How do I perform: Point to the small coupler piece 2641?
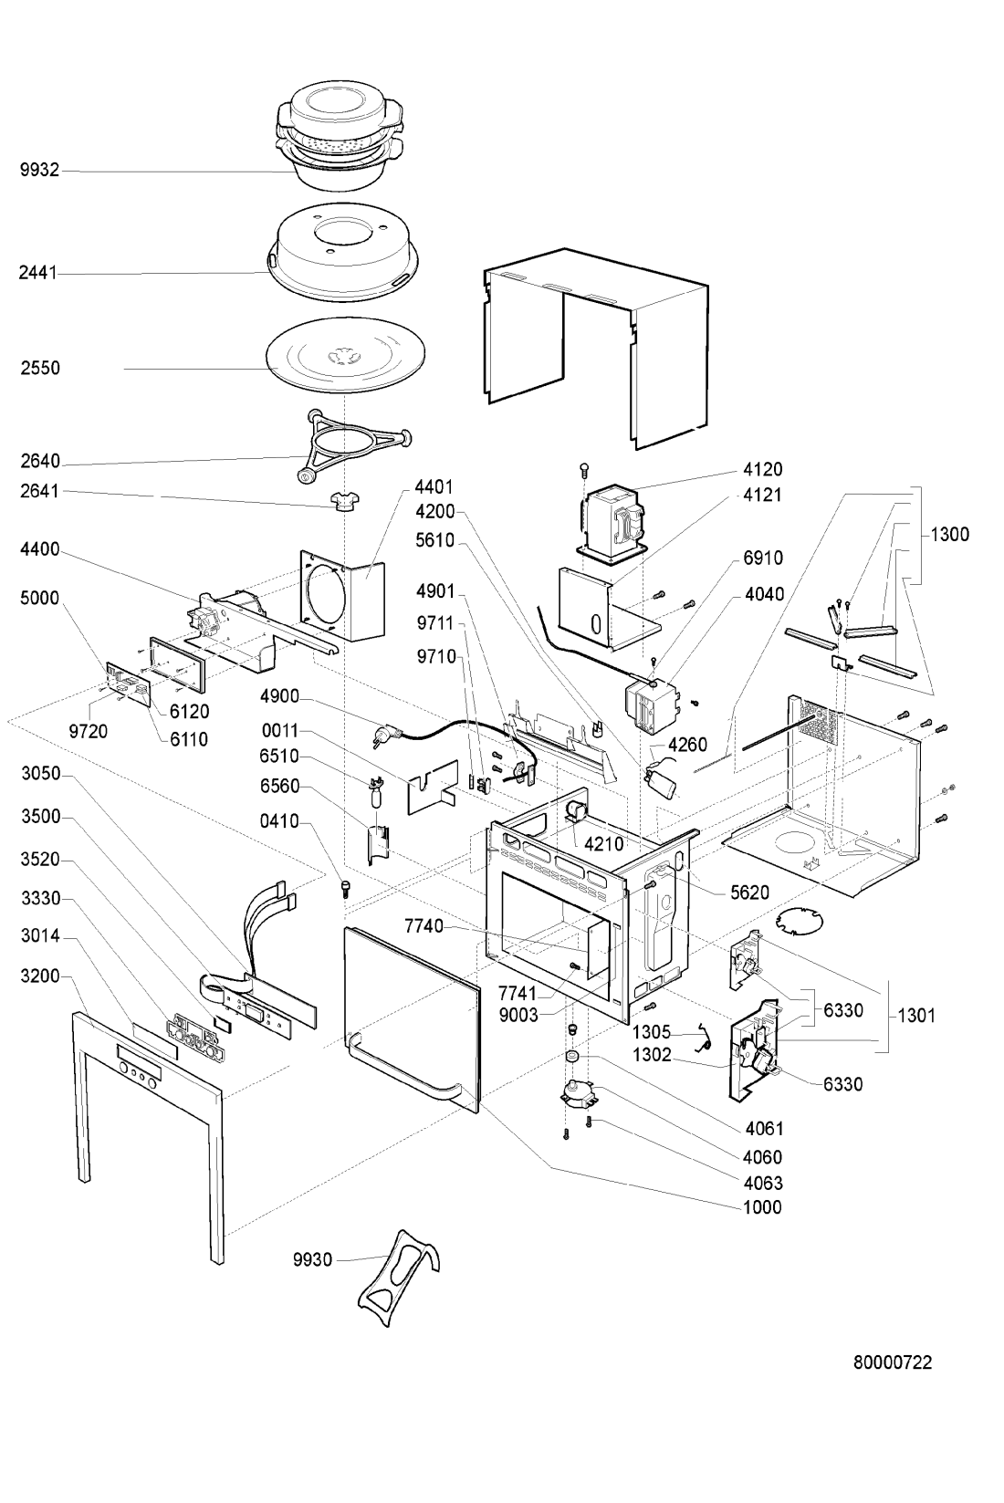(x=342, y=501)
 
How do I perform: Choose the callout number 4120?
(x=763, y=469)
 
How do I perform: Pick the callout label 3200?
(x=40, y=976)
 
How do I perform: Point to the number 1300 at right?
(x=949, y=536)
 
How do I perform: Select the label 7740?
(x=424, y=926)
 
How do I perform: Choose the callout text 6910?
(x=763, y=558)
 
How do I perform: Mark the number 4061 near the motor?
(x=763, y=1128)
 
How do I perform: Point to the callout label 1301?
(x=916, y=1015)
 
